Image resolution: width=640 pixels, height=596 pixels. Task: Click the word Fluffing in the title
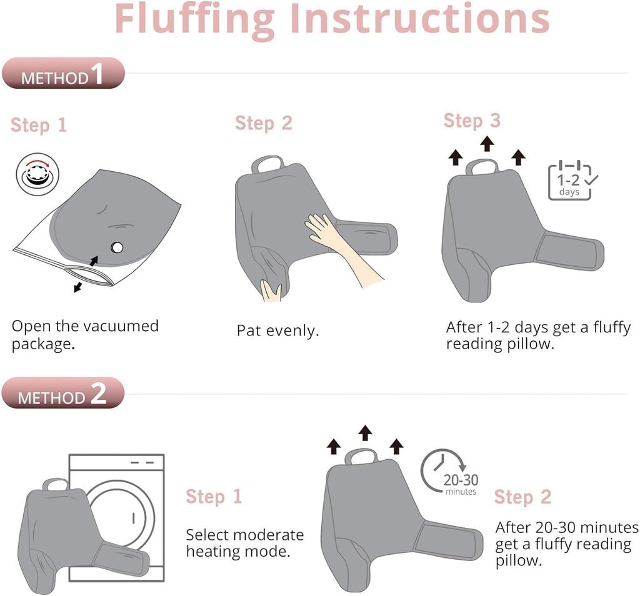195,19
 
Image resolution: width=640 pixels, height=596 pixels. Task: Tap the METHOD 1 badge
63,74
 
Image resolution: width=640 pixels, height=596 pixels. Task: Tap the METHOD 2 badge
63,393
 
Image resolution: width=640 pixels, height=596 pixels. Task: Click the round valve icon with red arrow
37,174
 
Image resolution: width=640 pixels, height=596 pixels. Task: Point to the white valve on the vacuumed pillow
117,247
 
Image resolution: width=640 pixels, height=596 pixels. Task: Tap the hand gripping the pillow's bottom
271,291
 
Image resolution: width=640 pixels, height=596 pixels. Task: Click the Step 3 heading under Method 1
472,121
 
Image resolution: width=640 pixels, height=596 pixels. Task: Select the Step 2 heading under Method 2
522,497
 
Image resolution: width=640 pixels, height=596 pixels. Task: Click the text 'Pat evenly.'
277,330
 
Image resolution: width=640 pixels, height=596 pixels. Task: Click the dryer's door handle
134,518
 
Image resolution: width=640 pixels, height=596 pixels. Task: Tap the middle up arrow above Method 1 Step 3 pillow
487,144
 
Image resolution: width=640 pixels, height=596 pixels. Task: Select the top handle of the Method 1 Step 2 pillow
267,162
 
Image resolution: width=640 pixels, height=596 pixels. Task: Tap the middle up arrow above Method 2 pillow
365,433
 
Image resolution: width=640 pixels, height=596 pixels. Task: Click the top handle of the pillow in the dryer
56,485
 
